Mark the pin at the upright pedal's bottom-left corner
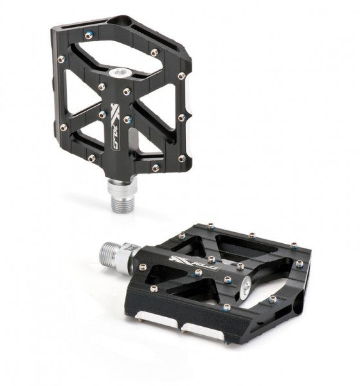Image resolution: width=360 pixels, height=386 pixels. pos(92,157)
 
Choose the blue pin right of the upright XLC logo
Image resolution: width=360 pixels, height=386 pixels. pos(127,119)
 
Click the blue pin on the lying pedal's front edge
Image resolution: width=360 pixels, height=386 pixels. pos(226,308)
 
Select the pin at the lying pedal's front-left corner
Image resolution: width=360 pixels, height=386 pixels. pos(153,288)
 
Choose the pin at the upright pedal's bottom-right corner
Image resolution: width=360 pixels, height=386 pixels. pos(182,158)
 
